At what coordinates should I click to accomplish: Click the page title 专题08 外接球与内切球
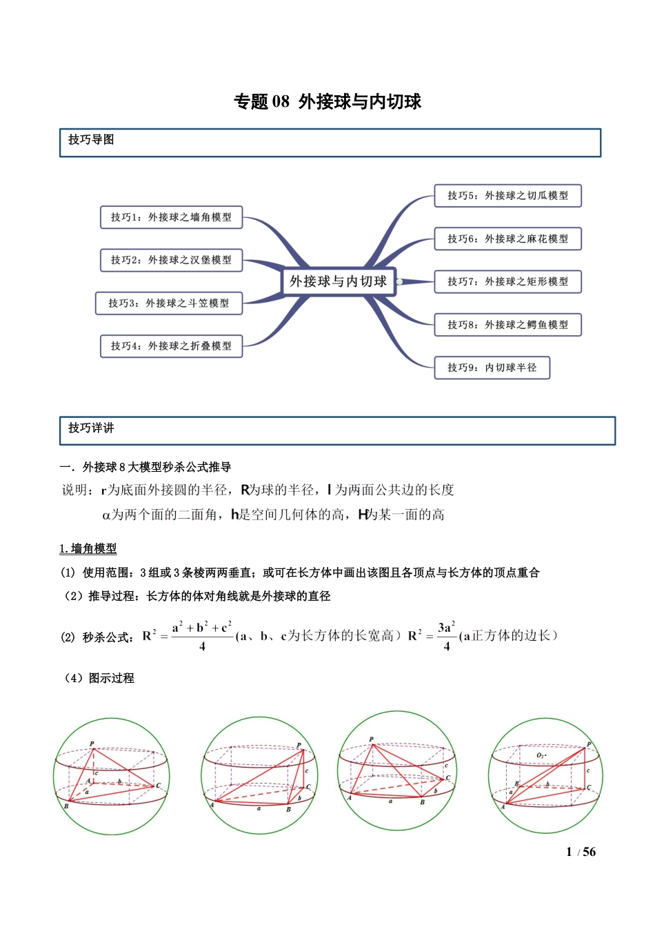[327, 102]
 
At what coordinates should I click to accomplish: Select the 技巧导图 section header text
[91, 140]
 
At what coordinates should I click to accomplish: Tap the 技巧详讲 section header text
[91, 428]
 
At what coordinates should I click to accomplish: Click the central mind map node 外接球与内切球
[338, 281]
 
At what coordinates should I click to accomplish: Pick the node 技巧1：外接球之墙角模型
[171, 217]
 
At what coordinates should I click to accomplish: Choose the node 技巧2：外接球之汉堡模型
[171, 260]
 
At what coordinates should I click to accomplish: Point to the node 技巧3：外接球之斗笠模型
[169, 303]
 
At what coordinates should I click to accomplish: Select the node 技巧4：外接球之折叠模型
[171, 346]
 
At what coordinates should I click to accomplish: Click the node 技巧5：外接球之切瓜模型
[507, 196]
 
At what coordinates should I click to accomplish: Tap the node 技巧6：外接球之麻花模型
[507, 239]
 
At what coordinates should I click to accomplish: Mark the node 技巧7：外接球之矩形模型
[507, 281]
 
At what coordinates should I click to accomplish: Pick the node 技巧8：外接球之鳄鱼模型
[507, 325]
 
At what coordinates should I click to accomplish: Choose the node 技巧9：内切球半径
[492, 368]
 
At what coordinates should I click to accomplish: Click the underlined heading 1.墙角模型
[88, 549]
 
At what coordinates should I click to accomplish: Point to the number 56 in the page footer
[589, 853]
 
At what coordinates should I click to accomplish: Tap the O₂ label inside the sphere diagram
[541, 756]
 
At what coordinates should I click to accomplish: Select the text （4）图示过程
[98, 678]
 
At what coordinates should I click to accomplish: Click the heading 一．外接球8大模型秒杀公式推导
[145, 468]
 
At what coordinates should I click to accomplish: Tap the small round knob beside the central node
[399, 281]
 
